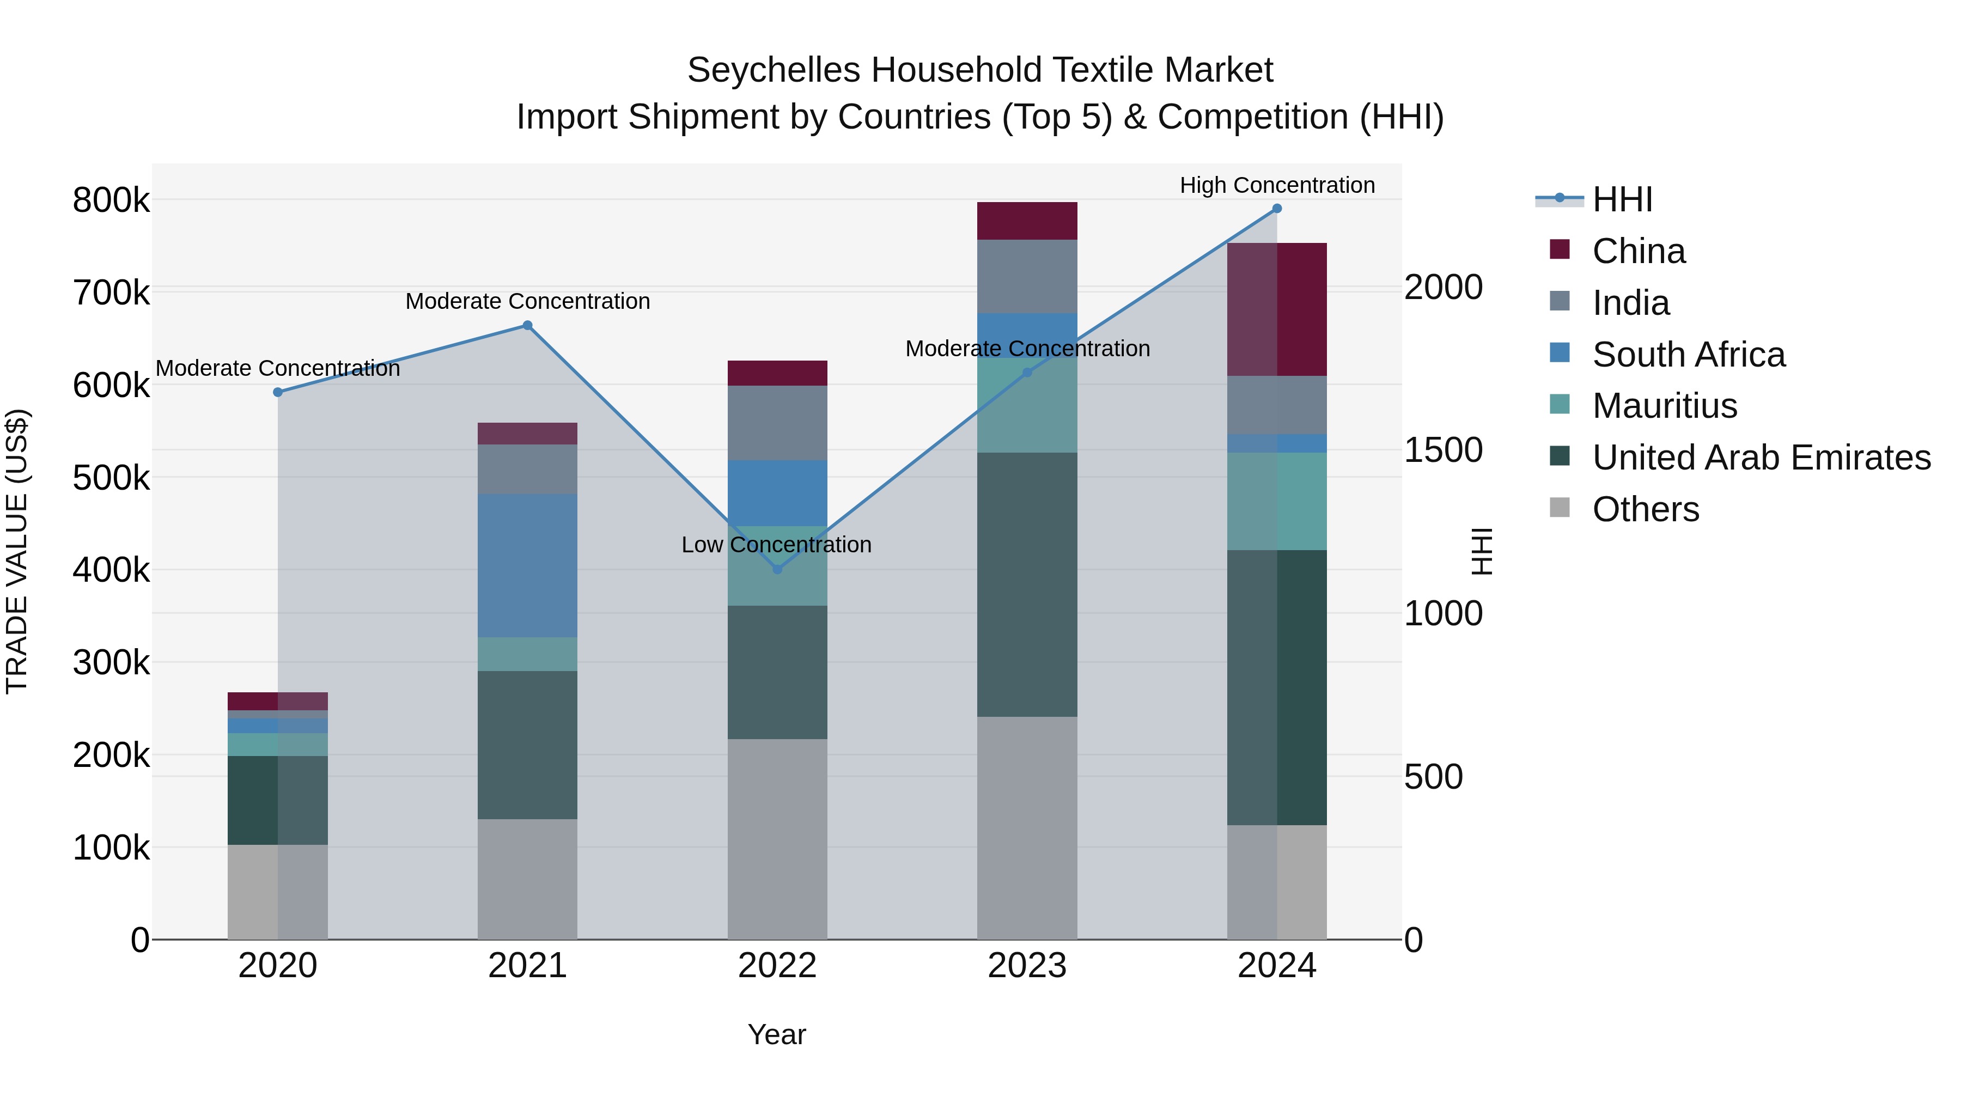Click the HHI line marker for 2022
[777, 569]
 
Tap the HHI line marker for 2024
[1277, 209]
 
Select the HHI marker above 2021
[527, 326]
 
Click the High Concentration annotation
[1277, 185]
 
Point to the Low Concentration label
[776, 545]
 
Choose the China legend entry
[1638, 251]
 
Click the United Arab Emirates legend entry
[1761, 458]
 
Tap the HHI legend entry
[1622, 199]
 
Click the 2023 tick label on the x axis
[1027, 966]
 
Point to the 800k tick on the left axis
[111, 201]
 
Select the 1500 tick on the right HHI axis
[1442, 450]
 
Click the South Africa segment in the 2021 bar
[527, 565]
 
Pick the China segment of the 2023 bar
[1027, 221]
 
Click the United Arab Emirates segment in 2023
[1027, 584]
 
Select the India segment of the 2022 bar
[777, 423]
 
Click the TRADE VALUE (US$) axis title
[17, 551]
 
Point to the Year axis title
[776, 1034]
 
